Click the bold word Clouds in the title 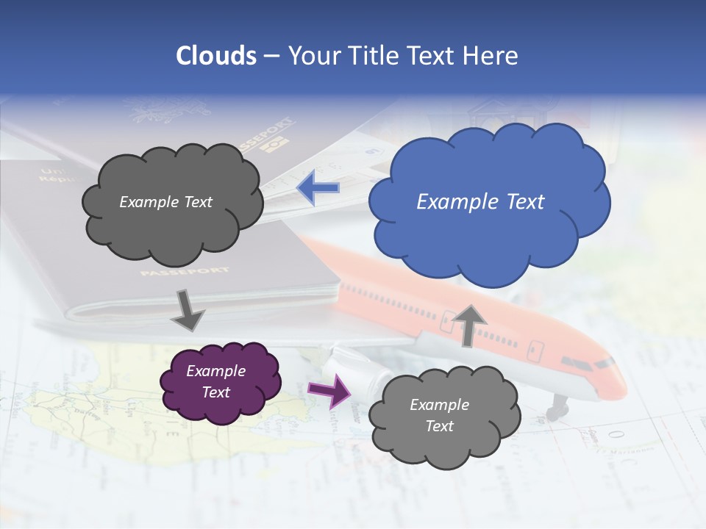tap(216, 56)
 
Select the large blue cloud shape tap(489, 220)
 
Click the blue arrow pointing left tap(318, 188)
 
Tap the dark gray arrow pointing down tap(188, 310)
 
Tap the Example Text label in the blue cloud tap(480, 202)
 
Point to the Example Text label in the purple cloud tap(215, 381)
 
